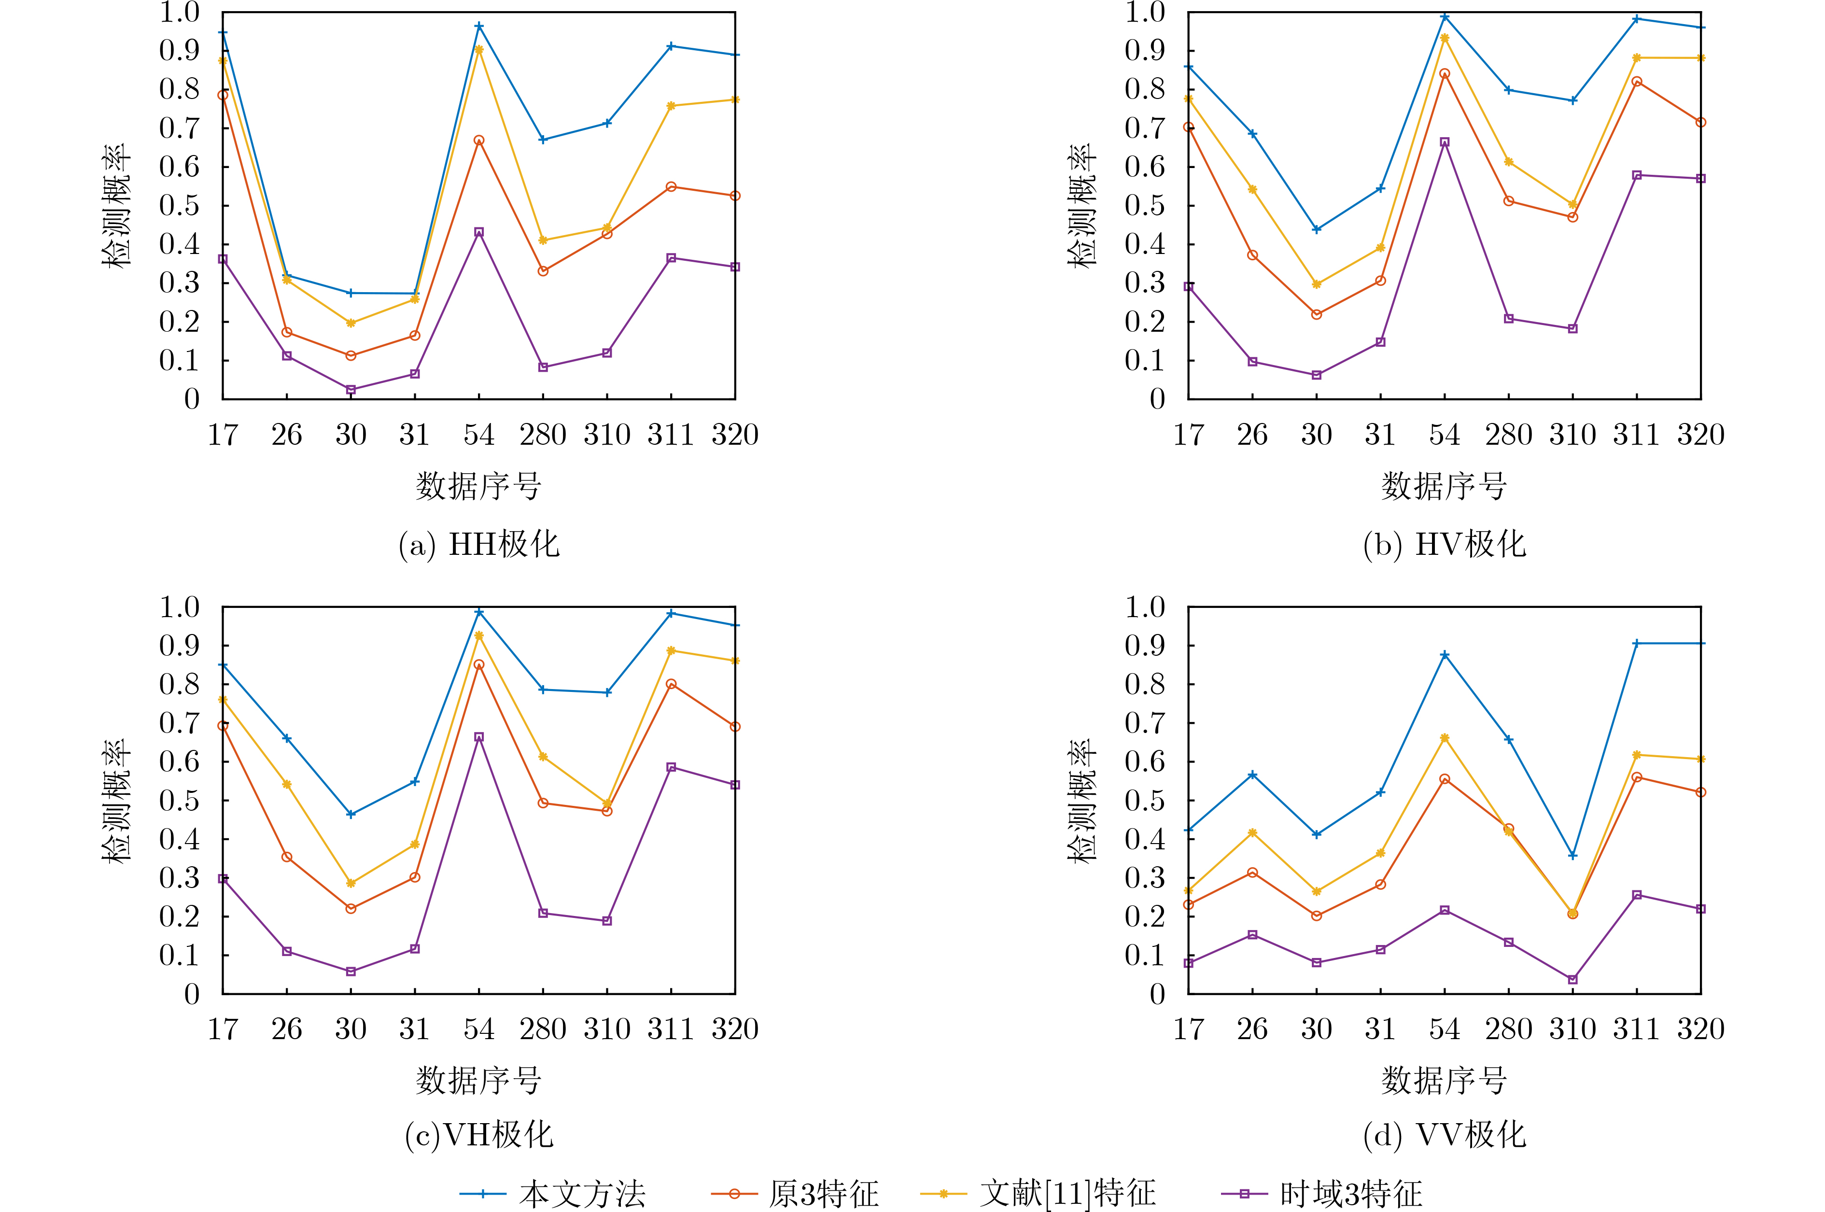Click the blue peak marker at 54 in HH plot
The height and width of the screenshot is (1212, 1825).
[479, 26]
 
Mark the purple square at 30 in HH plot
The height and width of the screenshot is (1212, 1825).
[351, 390]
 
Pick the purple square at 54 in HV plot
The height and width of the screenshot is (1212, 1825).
[1444, 142]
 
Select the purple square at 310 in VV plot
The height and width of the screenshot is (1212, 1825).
[1572, 979]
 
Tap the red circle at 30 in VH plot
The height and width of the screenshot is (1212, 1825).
[351, 908]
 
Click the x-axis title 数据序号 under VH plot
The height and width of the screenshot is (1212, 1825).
[479, 1080]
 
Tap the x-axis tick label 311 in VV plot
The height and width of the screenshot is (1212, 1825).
[1637, 1029]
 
